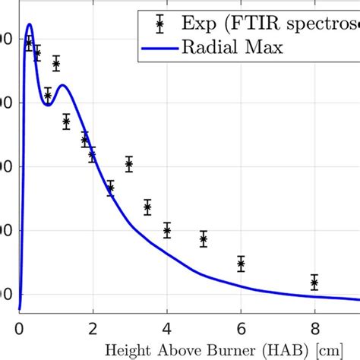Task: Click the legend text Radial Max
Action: point(232,47)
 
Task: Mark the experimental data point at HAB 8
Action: point(314,283)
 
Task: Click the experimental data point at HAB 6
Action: point(241,264)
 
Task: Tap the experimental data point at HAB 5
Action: point(204,239)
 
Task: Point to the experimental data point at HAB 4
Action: point(167,230)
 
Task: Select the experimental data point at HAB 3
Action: point(129,164)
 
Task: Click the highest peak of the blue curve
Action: point(29,24)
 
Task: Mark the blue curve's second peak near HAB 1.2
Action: point(64,85)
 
